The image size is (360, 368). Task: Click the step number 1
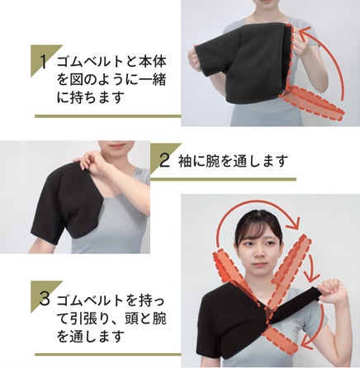43,61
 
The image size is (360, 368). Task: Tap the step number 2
164,161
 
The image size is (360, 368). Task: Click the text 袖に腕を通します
233,161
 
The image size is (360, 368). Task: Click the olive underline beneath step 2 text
223,179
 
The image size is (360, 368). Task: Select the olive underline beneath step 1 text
108,116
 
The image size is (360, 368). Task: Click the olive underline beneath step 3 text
108,355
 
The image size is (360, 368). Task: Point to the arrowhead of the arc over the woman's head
293,223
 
